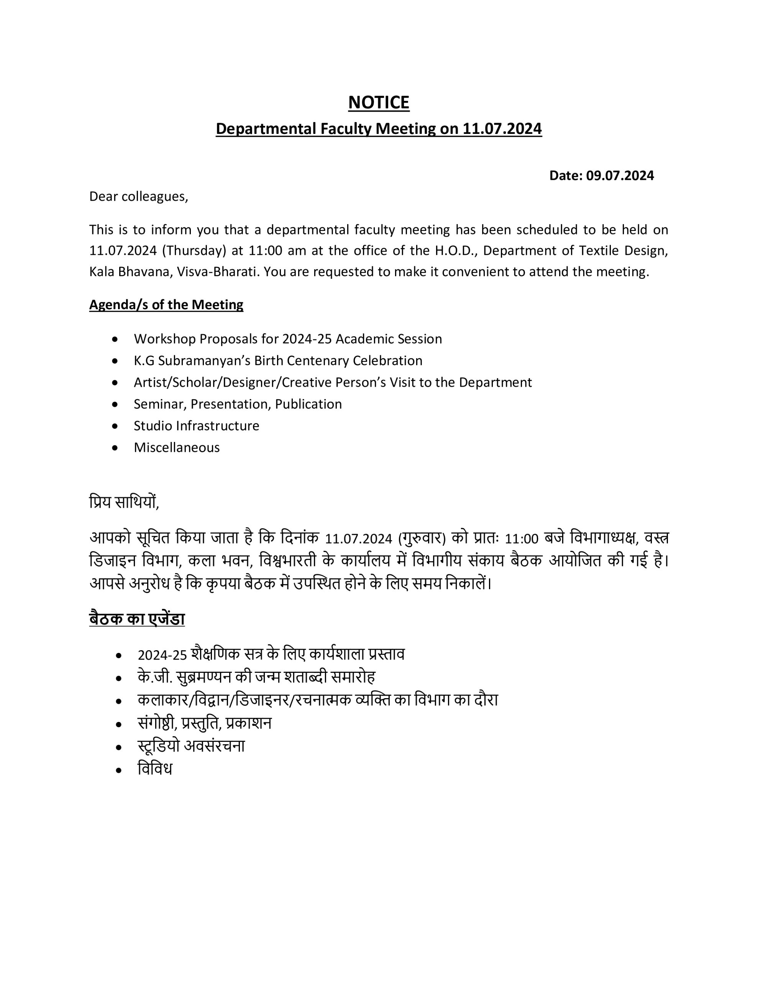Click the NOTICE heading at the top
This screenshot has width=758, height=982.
[378, 102]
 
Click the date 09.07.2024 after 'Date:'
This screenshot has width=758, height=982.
[620, 175]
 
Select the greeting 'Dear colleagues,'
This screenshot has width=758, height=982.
[138, 196]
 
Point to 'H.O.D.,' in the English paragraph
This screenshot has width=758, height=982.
[456, 250]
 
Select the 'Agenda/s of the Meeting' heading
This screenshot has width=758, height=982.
[166, 305]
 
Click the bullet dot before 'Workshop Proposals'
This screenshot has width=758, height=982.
[115, 339]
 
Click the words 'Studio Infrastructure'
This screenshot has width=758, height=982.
[196, 425]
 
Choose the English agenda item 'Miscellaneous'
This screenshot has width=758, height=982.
[177, 447]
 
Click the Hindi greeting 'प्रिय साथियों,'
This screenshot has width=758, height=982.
[124, 502]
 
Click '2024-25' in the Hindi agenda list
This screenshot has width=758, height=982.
[162, 655]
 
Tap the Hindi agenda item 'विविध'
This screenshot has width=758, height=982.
[155, 768]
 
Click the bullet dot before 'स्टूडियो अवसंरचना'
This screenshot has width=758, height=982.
[119, 747]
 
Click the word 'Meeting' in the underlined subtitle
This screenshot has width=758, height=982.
[405, 129]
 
